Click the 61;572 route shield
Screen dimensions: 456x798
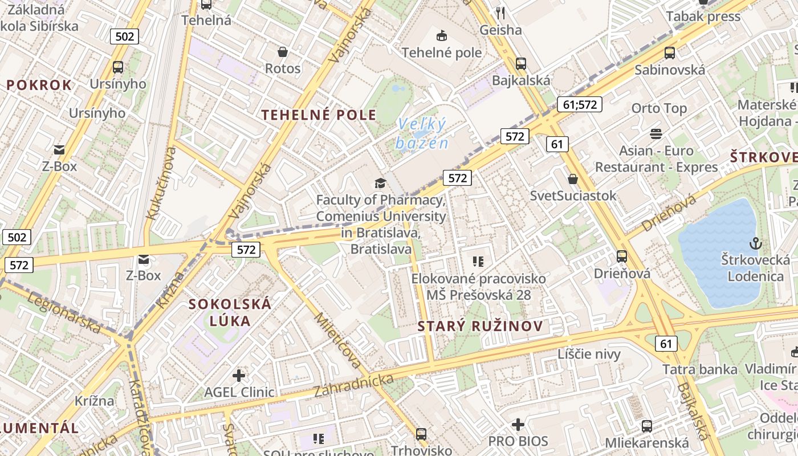(x=579, y=104)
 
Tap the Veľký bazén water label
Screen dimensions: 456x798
(x=422, y=133)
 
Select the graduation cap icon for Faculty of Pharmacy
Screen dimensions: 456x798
(x=380, y=183)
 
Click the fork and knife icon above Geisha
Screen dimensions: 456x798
(x=500, y=13)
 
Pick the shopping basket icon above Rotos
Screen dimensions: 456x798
(x=282, y=52)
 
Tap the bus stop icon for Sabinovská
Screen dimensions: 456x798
(x=670, y=53)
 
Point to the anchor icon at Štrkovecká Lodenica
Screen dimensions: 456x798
(x=755, y=243)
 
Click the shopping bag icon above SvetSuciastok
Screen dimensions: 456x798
(x=573, y=179)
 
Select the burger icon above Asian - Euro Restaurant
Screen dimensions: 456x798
(x=656, y=134)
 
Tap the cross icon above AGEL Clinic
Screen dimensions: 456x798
(x=239, y=376)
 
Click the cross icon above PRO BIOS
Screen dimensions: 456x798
(x=518, y=425)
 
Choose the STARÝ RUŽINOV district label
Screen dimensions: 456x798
(x=480, y=327)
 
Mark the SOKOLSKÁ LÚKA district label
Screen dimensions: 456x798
(x=230, y=312)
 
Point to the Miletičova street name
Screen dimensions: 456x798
(x=338, y=340)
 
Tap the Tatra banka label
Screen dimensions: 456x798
(x=699, y=369)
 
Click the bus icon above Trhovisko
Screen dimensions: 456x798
(x=421, y=434)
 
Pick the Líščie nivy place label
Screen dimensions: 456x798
(x=589, y=354)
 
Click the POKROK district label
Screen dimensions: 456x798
(x=39, y=85)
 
